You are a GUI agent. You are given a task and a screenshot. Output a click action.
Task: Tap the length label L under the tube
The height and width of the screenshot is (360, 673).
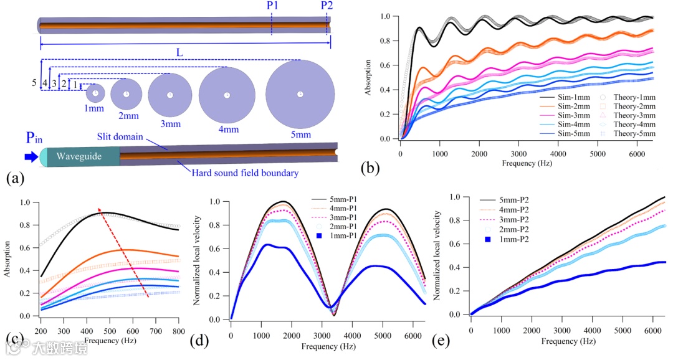[179, 52]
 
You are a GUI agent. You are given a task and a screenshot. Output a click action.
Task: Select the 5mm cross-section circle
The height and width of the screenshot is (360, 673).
[300, 94]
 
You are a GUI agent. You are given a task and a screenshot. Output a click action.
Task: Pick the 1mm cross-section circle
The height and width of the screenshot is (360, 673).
[95, 94]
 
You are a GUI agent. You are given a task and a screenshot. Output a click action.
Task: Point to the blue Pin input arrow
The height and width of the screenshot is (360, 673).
[29, 156]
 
